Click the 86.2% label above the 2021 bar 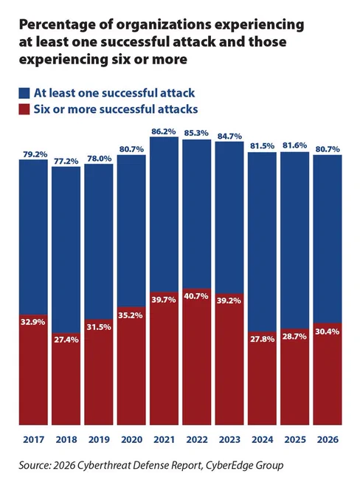pos(164,131)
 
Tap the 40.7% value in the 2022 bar pos(196,296)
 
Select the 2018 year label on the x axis pos(66,439)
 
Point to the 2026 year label pos(328,439)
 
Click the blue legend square pos(24,93)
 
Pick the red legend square pos(24,109)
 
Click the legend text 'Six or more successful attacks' pos(116,109)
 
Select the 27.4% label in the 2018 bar pos(66,340)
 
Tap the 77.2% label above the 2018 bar pos(66,161)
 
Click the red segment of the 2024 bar pos(262,378)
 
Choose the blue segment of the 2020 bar pos(131,231)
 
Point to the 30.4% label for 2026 pos(328,331)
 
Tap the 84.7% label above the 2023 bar pos(229,137)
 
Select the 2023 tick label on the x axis pos(229,439)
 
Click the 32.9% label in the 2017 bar pos(33,322)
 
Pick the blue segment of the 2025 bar pos(295,241)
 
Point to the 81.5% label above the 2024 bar pos(262,146)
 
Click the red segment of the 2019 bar pos(99,372)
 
